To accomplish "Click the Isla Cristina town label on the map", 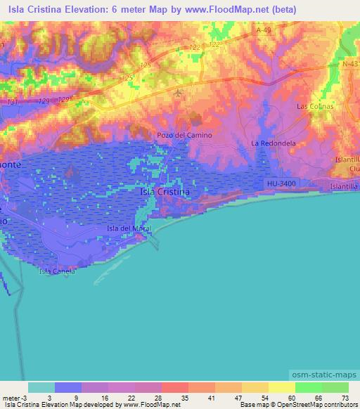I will coord(165,191).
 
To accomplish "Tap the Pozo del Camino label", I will coord(185,135).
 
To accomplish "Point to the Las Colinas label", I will coord(314,106).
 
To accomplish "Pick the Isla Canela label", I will coord(57,271).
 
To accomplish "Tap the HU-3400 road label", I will coord(281,183).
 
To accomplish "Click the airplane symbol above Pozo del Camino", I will coord(178,91).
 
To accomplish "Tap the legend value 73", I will coord(344,398).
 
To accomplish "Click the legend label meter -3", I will coord(14,398).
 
